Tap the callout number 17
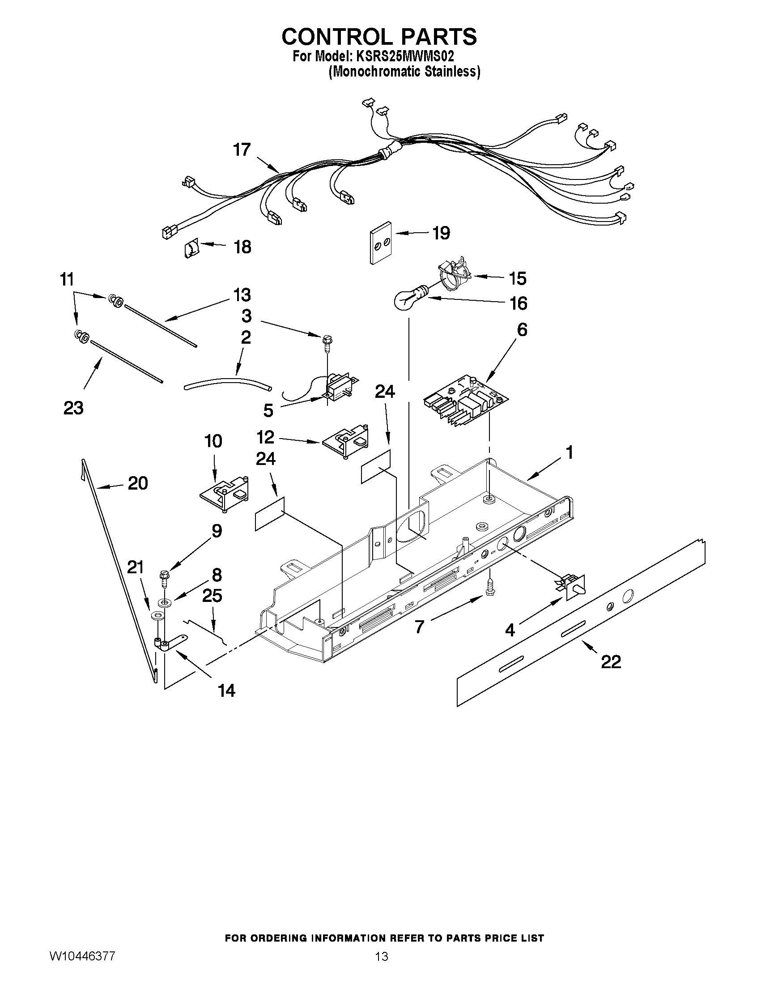(x=242, y=150)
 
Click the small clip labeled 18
(x=191, y=248)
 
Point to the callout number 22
(x=610, y=662)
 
